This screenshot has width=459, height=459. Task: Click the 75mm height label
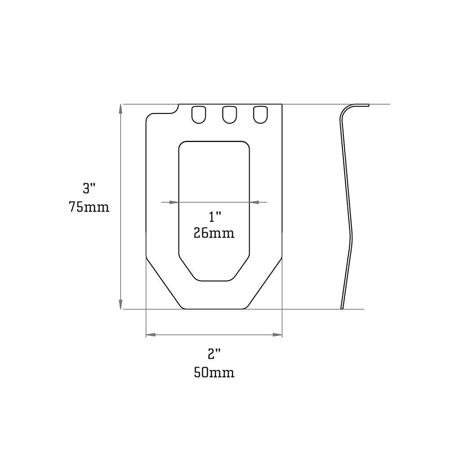coord(89,208)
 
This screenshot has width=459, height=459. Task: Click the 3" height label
coord(90,188)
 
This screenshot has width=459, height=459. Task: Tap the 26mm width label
coord(214,233)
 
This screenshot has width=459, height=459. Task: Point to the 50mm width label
coord(214,372)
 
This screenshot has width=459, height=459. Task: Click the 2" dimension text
coord(215,355)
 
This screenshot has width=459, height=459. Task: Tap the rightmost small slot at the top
coord(260,114)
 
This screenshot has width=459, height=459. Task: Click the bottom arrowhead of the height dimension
coord(120,304)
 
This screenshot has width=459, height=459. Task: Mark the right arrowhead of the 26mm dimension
coord(254,202)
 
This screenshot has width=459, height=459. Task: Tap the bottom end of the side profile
coord(342,307)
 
